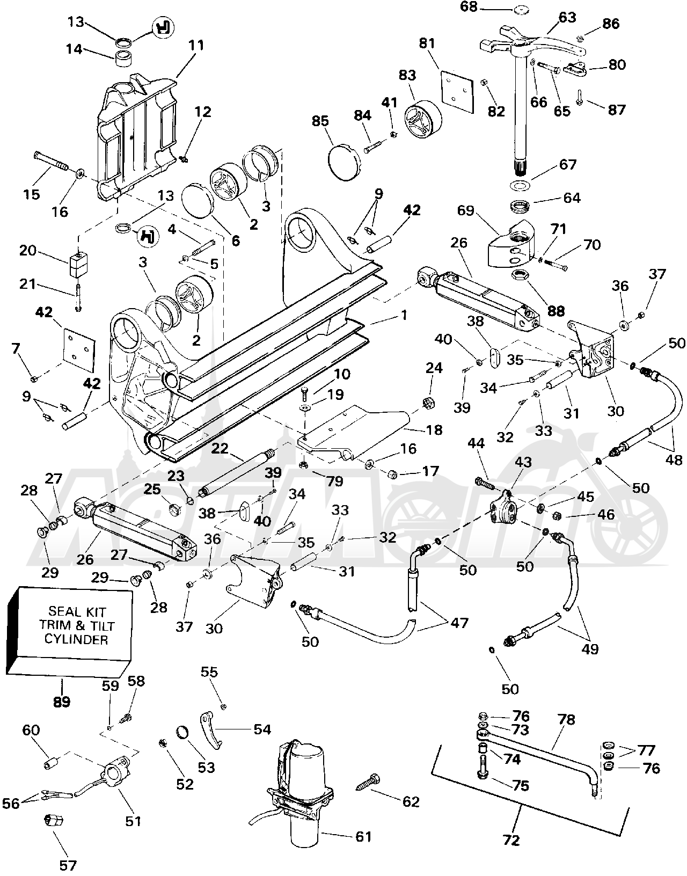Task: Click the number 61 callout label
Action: coord(363,837)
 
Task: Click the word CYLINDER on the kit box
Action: coord(76,639)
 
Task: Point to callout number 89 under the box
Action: coord(62,702)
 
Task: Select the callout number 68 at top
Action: coord(469,7)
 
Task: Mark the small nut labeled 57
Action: coord(54,819)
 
